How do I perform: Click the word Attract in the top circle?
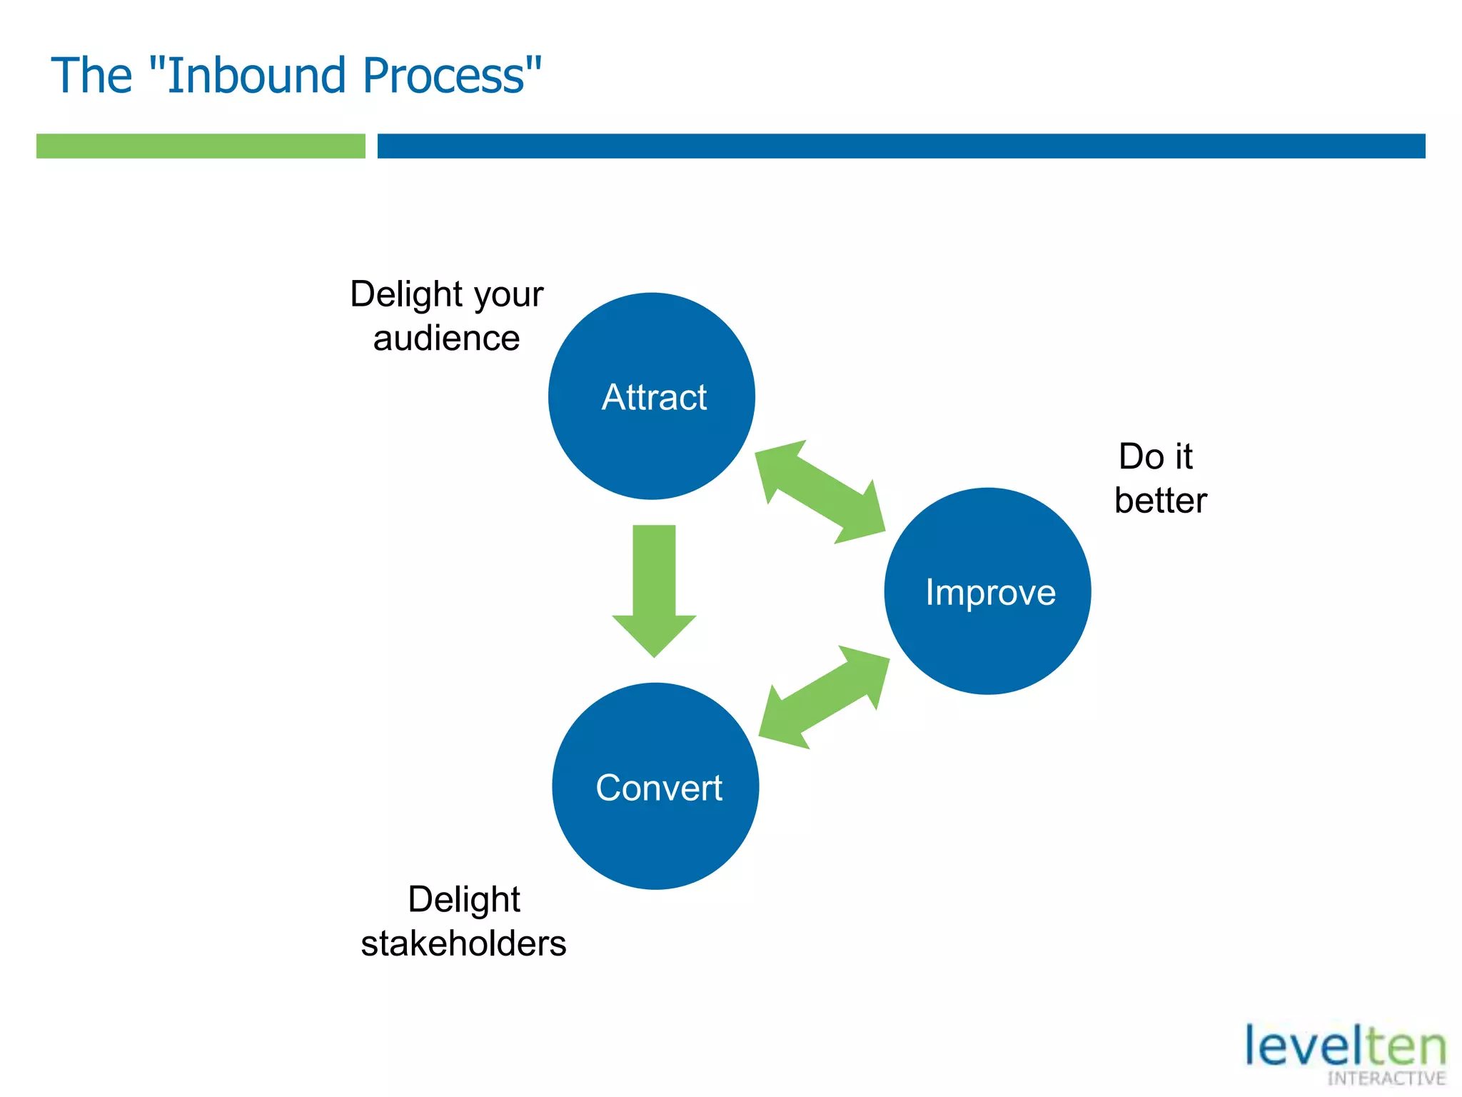(654, 398)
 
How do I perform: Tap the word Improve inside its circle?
(990, 593)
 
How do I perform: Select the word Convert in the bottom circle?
(659, 788)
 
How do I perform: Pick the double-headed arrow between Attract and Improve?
(820, 492)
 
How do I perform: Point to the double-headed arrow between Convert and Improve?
(824, 697)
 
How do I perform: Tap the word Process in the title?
(445, 76)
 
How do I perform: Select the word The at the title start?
(91, 76)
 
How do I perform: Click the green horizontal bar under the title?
(201, 146)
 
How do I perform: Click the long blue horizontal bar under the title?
(901, 146)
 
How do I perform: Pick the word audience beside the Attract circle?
(446, 339)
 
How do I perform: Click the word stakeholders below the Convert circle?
(463, 943)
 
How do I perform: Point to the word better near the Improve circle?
(1161, 501)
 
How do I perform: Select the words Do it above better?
(1155, 456)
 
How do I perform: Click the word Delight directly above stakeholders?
(463, 900)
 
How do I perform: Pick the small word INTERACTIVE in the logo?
(1386, 1078)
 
